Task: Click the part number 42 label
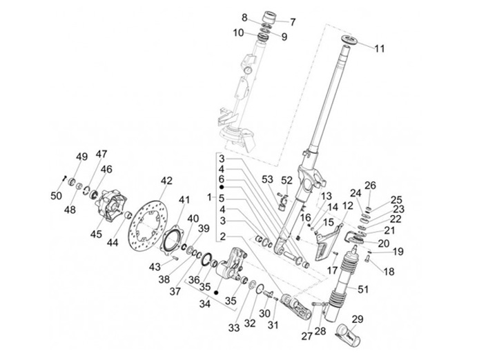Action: coord(166,181)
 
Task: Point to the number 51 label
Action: coord(363,289)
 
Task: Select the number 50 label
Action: coord(57,196)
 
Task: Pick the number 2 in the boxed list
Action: coord(223,237)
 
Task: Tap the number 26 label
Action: coord(370,185)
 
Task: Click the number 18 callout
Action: coord(389,272)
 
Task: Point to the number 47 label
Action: coord(101,154)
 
